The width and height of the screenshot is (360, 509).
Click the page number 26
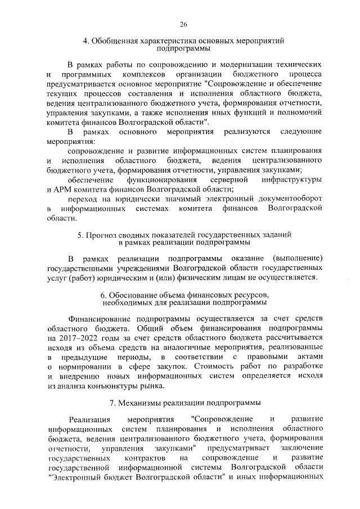183,24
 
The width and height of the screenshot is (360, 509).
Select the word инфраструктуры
291,180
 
